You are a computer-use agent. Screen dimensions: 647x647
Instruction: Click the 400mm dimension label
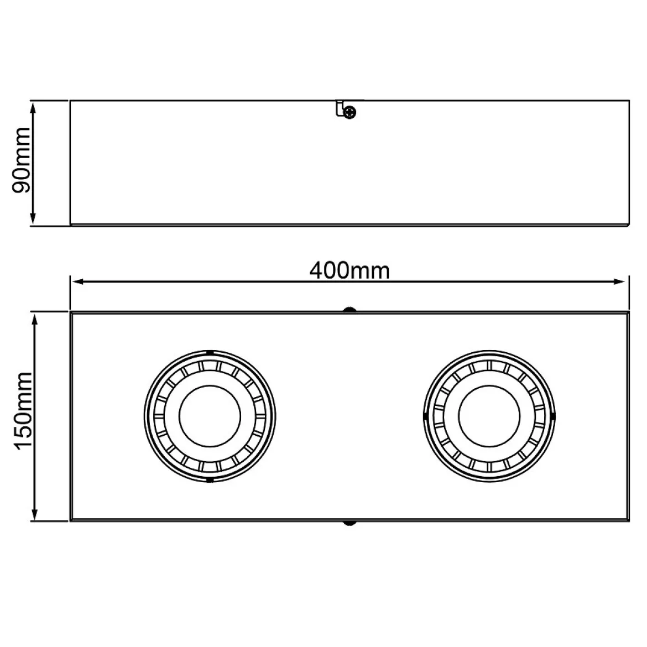point(349,271)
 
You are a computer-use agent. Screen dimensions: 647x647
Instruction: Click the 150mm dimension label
point(23,410)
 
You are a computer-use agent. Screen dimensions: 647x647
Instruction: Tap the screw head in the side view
point(350,112)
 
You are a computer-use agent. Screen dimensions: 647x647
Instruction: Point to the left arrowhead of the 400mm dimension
point(79,282)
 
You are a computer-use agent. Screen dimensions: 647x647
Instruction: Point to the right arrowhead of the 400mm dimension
point(619,282)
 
